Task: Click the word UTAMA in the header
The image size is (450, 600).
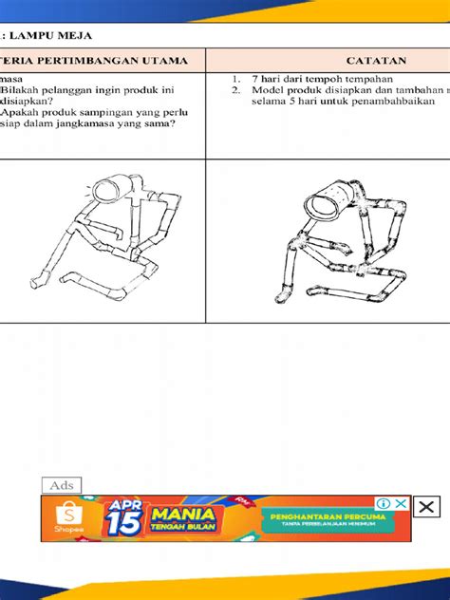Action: (161, 60)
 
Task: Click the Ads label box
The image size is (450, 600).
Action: (62, 485)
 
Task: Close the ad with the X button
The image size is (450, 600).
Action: (427, 505)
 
